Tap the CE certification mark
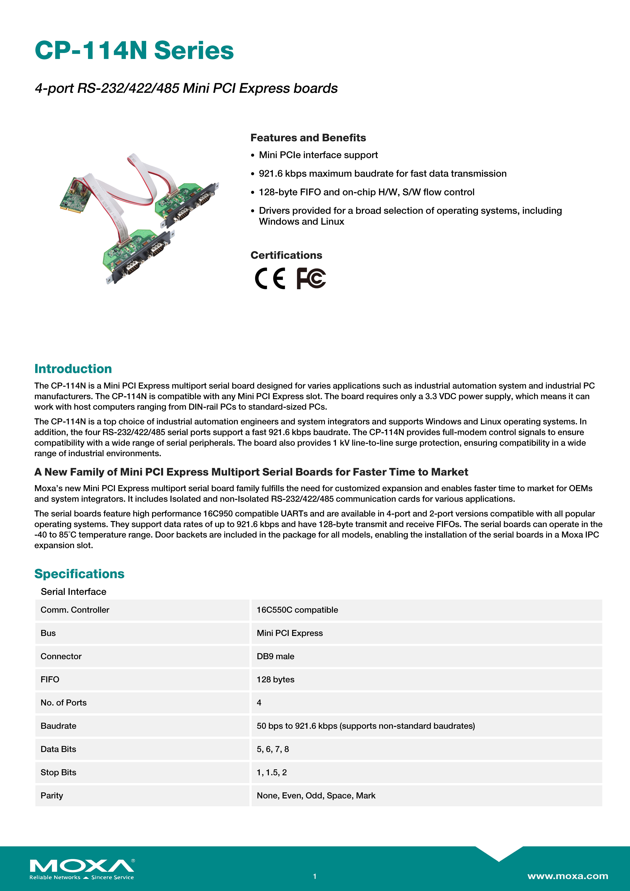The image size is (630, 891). click(x=270, y=278)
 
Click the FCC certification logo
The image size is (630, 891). click(x=311, y=278)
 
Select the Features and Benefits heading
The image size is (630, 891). click(x=308, y=138)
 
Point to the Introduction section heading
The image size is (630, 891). click(x=73, y=369)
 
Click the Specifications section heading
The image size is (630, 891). click(x=79, y=574)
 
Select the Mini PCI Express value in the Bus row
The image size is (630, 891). click(x=290, y=633)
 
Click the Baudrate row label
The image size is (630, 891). click(x=58, y=726)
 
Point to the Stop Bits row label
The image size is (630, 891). click(x=58, y=772)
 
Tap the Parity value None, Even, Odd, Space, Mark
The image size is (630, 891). click(x=316, y=795)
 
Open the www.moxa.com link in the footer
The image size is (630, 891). click(x=568, y=876)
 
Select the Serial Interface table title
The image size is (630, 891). click(x=73, y=591)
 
